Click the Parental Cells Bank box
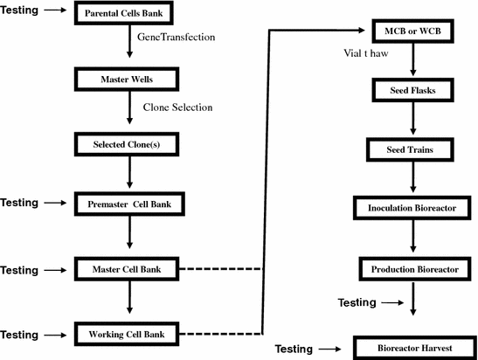click(128, 15)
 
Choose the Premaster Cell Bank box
click(128, 204)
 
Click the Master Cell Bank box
click(128, 268)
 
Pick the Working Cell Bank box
click(128, 334)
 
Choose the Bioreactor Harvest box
click(412, 348)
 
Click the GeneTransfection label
click(177, 39)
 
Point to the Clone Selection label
click(177, 107)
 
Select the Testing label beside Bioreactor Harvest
click(294, 349)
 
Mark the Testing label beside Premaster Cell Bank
click(20, 203)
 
